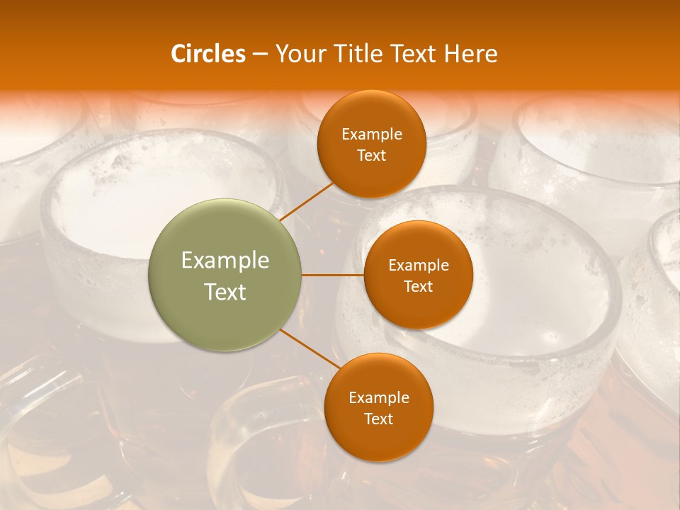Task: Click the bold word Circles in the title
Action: click(x=208, y=54)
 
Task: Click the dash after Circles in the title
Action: click(x=260, y=55)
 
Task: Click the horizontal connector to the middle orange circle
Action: click(x=332, y=275)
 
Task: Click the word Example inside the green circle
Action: click(x=225, y=261)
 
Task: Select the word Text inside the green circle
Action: click(x=225, y=292)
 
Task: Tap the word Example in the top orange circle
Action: click(x=372, y=135)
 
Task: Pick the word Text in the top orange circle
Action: click(x=372, y=155)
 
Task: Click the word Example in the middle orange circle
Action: click(x=419, y=266)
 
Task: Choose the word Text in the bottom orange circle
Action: click(x=379, y=419)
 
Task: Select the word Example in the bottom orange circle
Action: click(x=379, y=398)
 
